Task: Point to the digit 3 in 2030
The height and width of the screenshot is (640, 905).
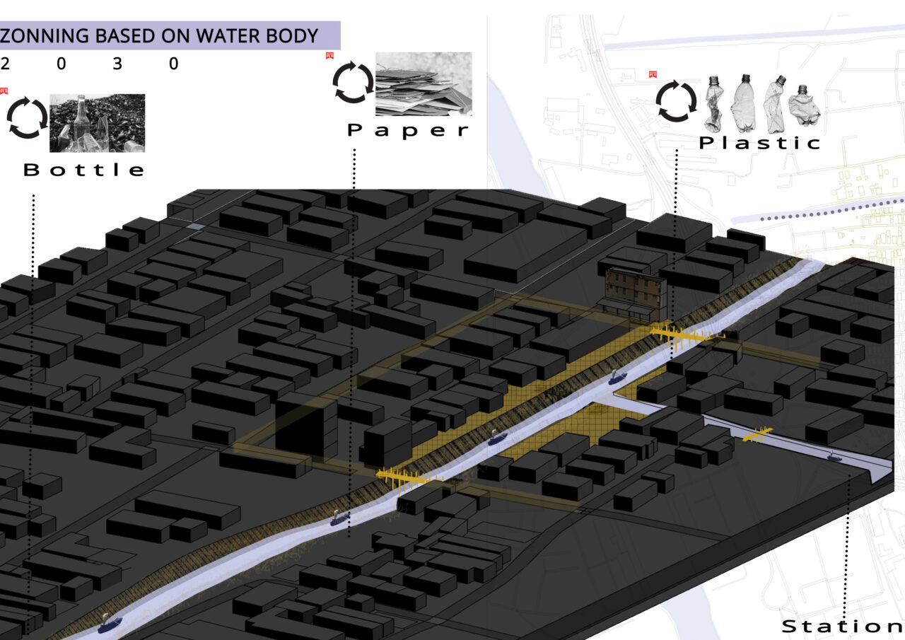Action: point(117,64)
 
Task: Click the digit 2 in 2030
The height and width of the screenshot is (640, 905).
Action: point(6,64)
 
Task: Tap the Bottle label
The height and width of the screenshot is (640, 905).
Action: point(83,170)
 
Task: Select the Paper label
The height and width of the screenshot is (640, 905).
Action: point(409,131)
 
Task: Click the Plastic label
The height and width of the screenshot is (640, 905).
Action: point(760,143)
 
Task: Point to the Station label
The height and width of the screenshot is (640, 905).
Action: point(841,627)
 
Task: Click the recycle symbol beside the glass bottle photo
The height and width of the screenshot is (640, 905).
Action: point(27,119)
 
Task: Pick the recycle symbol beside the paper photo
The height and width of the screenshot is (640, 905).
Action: point(352,82)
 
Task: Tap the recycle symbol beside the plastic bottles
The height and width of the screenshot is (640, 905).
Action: point(677,101)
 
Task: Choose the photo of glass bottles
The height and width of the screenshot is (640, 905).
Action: point(97,123)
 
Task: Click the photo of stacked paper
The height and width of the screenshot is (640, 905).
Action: point(424,83)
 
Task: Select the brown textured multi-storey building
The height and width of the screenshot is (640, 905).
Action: point(633,291)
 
